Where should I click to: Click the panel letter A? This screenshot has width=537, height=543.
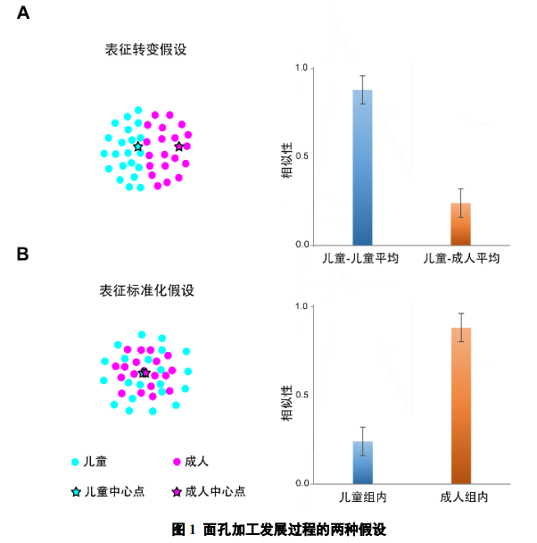(x=24, y=13)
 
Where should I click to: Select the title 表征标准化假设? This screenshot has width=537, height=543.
(x=146, y=291)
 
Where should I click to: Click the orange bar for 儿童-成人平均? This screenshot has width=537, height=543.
(x=460, y=224)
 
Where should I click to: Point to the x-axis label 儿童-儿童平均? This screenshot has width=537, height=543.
(x=361, y=258)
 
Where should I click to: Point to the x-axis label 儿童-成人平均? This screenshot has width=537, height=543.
(x=460, y=258)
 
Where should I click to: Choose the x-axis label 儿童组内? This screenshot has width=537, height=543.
(x=362, y=497)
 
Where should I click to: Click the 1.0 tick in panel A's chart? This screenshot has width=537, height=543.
(x=302, y=68)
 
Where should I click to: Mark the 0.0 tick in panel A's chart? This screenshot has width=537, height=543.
(x=302, y=245)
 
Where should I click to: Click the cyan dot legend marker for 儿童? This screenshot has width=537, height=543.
(x=76, y=462)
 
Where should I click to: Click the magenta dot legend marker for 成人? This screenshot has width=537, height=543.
(x=177, y=462)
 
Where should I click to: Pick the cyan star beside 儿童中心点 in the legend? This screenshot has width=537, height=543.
(x=76, y=491)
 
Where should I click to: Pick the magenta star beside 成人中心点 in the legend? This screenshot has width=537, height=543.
(x=177, y=491)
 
